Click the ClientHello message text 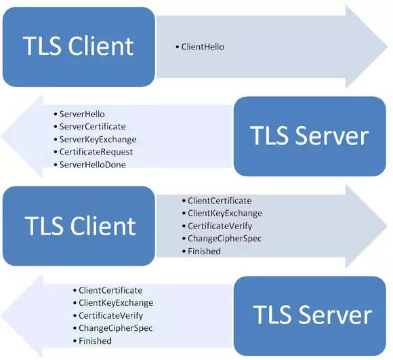[x=203, y=47]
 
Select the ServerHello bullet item [x=82, y=114]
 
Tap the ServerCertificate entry [x=92, y=127]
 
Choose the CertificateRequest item [x=96, y=152]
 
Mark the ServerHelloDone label [x=93, y=164]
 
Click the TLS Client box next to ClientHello [x=78, y=46]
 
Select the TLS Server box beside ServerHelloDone [x=310, y=136]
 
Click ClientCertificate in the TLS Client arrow [x=220, y=201]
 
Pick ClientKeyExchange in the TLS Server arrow [x=116, y=303]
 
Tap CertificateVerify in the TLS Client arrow [x=220, y=226]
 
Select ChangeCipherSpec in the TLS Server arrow [x=115, y=328]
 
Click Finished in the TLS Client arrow [x=204, y=251]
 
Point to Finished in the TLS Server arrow [x=95, y=340]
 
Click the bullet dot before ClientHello [x=178, y=47]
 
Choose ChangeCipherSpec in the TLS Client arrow [x=224, y=239]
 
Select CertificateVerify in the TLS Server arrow [x=110, y=315]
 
